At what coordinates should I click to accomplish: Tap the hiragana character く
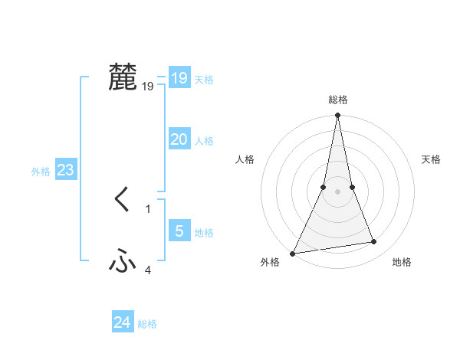pyautogui.click(x=123, y=201)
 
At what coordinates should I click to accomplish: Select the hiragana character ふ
pyautogui.click(x=123, y=262)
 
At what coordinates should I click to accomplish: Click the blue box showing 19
pyautogui.click(x=179, y=78)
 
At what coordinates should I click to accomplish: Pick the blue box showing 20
pyautogui.click(x=179, y=139)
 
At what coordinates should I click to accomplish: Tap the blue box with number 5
pyautogui.click(x=179, y=231)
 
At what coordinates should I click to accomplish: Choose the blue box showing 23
pyautogui.click(x=65, y=170)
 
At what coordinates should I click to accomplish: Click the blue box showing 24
pyautogui.click(x=123, y=322)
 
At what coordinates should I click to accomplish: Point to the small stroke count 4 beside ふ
pyautogui.click(x=148, y=270)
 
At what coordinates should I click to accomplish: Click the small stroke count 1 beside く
pyautogui.click(x=148, y=208)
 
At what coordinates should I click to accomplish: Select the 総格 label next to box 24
pyautogui.click(x=147, y=324)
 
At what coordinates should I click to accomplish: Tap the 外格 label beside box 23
pyautogui.click(x=41, y=172)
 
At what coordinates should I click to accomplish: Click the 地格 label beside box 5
pyautogui.click(x=204, y=233)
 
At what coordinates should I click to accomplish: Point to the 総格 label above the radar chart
pyautogui.click(x=337, y=100)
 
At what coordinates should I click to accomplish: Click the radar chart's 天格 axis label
pyautogui.click(x=431, y=159)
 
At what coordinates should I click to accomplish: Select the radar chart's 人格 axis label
pyautogui.click(x=245, y=159)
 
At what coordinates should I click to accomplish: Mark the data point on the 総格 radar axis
pyautogui.click(x=337, y=116)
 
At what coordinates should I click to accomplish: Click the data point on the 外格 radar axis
pyautogui.click(x=292, y=254)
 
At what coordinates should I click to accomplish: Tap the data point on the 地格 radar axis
pyautogui.click(x=374, y=242)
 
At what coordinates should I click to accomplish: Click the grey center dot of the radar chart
pyautogui.click(x=337, y=191)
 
